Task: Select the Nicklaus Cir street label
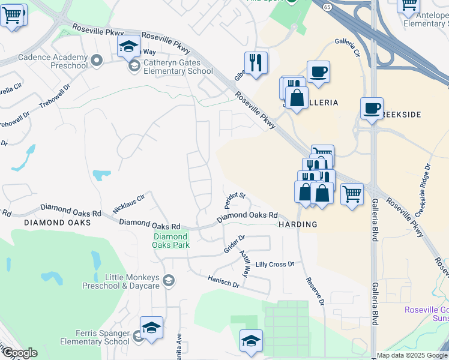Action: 129,203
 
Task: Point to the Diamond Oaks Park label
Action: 170,241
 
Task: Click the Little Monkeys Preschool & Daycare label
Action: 132,281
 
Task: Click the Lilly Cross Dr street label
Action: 275,264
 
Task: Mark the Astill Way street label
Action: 246,263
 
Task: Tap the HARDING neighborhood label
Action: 298,224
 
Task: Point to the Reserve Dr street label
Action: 315,290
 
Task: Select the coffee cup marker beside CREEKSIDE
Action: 372,108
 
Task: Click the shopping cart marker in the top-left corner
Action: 11,15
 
